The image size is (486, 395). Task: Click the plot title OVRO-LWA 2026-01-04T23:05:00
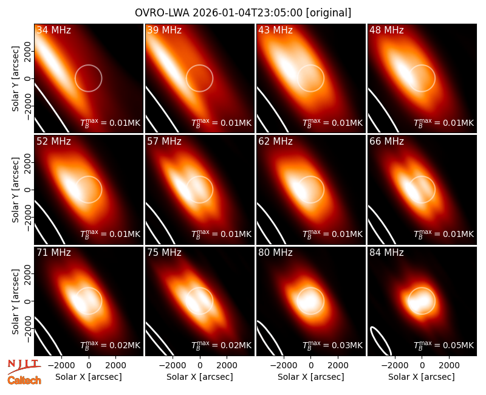(219, 13)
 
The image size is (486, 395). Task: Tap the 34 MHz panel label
(53, 30)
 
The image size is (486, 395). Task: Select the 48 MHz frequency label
(386, 30)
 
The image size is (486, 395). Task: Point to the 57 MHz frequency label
(164, 142)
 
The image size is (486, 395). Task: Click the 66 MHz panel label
(386, 142)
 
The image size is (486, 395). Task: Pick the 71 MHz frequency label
(53, 253)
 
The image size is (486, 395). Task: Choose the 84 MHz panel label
(386, 253)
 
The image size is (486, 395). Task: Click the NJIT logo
(24, 366)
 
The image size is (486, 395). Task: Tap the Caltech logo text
(24, 380)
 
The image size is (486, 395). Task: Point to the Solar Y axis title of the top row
(16, 79)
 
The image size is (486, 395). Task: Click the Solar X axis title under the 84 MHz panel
(422, 377)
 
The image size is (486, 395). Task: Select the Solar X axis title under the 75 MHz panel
(200, 377)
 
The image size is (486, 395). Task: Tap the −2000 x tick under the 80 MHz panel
(283, 366)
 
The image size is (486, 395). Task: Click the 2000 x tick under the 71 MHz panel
(115, 366)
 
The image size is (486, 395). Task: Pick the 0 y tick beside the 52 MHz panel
(28, 190)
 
